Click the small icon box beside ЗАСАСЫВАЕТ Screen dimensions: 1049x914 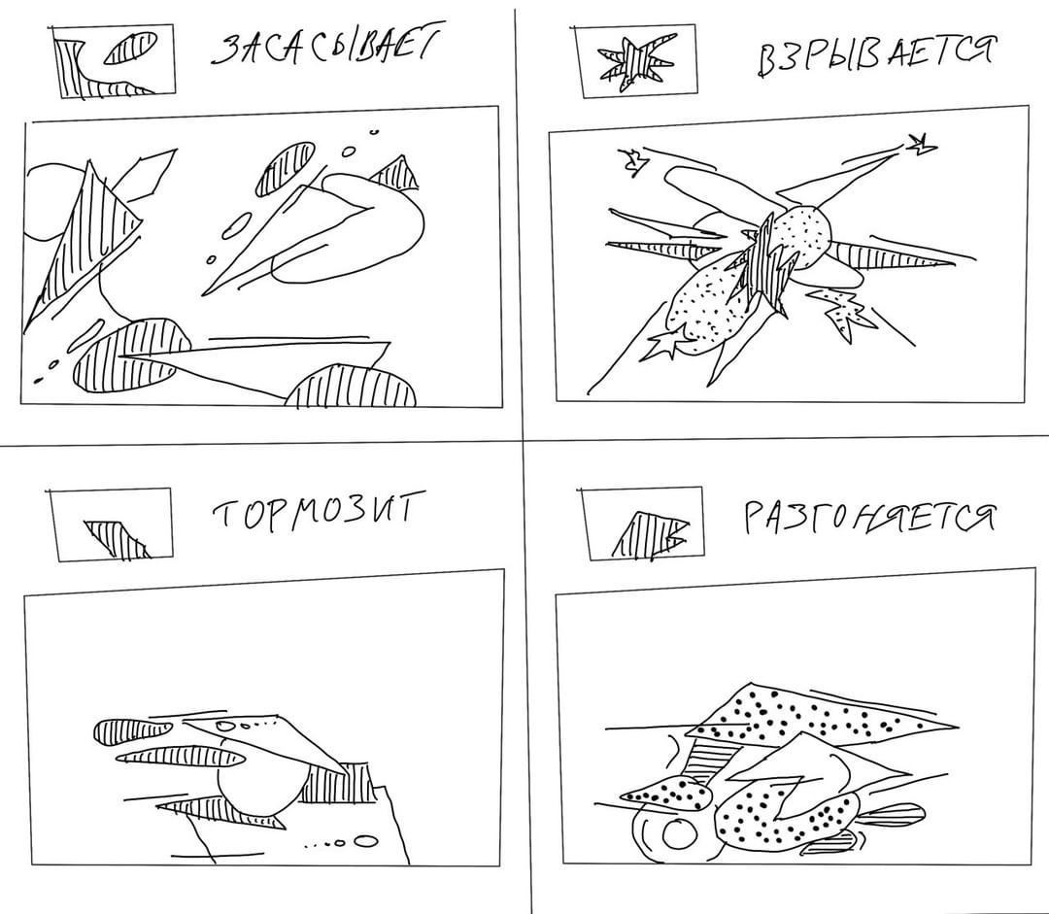coord(114,61)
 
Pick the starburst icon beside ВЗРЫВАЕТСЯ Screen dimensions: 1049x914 coord(633,63)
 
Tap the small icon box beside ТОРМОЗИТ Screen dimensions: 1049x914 coord(111,525)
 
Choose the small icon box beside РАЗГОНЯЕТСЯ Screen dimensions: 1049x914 coord(643,524)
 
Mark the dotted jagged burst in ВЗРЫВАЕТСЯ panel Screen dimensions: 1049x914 coord(842,310)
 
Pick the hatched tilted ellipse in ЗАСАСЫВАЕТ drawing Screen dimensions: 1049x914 coord(286,167)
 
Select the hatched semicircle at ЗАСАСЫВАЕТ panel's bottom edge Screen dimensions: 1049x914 coord(351,386)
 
